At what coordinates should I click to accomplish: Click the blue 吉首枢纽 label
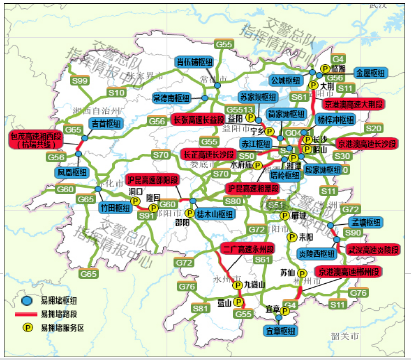click(x=105, y=124)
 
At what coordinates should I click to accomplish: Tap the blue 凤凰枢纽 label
click(x=72, y=172)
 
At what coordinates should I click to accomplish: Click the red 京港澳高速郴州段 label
click(x=348, y=271)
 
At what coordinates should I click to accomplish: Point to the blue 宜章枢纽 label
click(x=280, y=331)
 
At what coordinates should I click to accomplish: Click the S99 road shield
click(x=80, y=81)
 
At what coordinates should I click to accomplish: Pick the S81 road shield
click(x=200, y=308)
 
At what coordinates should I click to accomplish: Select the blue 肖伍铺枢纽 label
click(x=195, y=62)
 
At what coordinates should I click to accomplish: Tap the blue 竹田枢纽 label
click(x=115, y=207)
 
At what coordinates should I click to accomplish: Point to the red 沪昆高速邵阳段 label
click(x=153, y=180)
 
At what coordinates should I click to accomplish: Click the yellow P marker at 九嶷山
click(x=237, y=285)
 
